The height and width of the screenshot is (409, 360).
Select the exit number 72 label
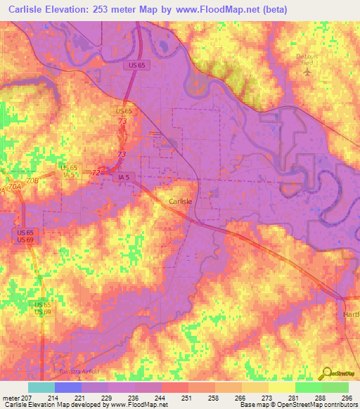96,172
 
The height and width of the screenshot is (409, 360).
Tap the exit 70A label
11,189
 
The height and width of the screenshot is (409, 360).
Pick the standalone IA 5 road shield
124,178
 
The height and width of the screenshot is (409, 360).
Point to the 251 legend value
187,398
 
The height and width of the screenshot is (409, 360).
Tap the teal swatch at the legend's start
41,387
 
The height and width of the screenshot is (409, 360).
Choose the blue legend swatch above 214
67,387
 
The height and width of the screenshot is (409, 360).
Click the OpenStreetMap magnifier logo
328,374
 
